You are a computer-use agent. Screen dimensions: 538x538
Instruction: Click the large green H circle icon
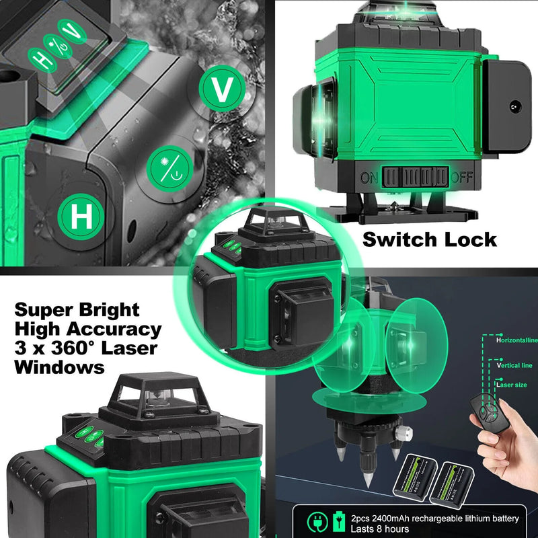point(82,217)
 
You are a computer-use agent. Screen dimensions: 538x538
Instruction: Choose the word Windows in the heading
point(60,369)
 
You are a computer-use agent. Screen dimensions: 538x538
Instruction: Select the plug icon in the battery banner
point(315,521)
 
